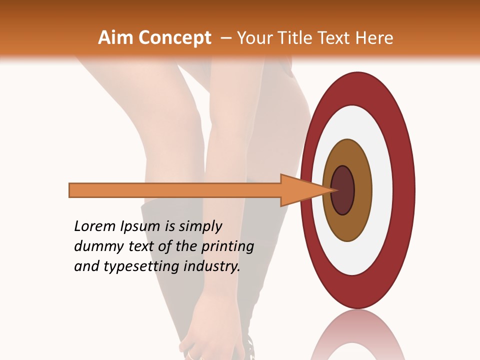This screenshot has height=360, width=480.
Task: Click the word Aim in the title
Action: click(x=115, y=38)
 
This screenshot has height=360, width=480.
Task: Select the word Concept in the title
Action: click(x=174, y=38)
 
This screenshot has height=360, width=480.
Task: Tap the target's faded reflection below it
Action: click(x=358, y=335)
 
